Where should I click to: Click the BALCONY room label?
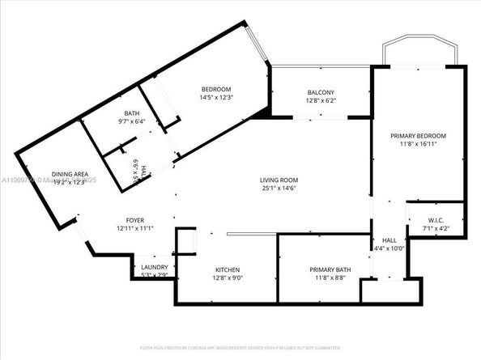321,92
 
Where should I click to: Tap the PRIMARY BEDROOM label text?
418,136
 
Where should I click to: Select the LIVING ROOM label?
279,180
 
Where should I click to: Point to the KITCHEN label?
228,269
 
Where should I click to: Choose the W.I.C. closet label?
435,219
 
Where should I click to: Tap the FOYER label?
134,220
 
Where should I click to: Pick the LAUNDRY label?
154,268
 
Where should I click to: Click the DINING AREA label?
70,174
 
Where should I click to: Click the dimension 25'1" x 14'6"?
279,188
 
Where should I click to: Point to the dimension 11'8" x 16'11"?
418,145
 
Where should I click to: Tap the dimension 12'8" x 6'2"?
321,101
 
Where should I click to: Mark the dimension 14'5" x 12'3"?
216,98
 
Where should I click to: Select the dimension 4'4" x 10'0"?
388,248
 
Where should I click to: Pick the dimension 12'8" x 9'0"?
228,278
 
